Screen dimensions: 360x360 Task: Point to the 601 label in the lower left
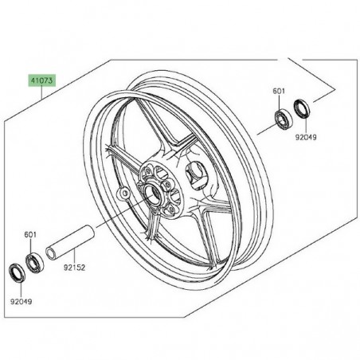point(30,235)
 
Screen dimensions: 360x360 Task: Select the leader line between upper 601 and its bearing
point(278,101)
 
